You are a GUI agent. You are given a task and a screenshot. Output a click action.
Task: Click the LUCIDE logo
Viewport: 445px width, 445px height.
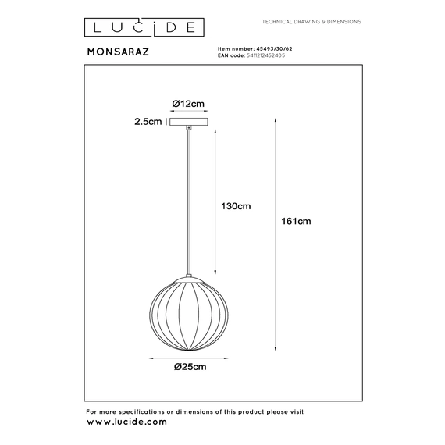(x=144, y=27)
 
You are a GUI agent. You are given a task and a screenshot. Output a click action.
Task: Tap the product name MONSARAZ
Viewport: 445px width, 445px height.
(x=118, y=52)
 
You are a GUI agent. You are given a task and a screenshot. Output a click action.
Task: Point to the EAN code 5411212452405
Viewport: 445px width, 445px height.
(x=265, y=55)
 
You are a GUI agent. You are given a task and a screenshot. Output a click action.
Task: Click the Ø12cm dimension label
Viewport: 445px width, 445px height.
(x=188, y=104)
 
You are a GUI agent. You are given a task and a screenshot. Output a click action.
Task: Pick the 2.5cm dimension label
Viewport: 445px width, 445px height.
(x=148, y=122)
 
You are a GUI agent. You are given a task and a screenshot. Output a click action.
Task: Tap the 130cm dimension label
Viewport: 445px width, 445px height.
(x=236, y=206)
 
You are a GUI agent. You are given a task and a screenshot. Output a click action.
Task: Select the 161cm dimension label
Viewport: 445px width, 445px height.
(x=296, y=221)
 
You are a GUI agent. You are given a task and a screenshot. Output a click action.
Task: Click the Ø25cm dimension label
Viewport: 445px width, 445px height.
(x=190, y=367)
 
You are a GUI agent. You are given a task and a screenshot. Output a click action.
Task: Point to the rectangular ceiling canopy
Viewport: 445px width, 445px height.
(x=189, y=122)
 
